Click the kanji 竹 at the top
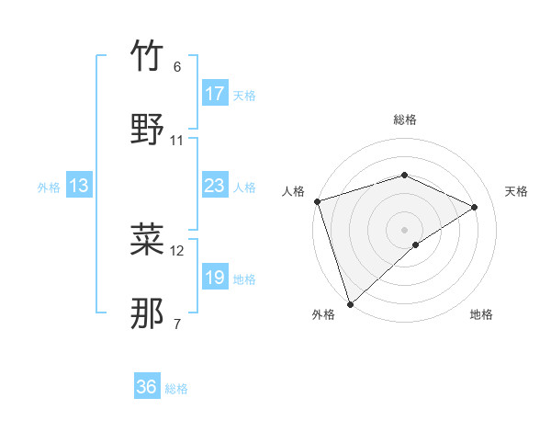coord(147,57)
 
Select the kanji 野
coord(147,130)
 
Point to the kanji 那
coord(147,313)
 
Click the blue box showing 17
coord(215,94)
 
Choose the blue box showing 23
coord(215,186)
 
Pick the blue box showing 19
coord(215,278)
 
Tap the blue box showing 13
coord(79,187)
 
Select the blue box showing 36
coord(147,387)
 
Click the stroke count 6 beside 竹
coord(177,67)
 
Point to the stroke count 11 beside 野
coord(177,141)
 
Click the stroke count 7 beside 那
coord(177,324)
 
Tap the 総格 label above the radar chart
coord(405,119)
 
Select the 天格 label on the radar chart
coord(517,191)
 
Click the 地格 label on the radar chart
coord(481,314)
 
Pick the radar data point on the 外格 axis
coord(349,303)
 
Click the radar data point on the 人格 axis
coord(317,201)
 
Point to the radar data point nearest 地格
coord(416,244)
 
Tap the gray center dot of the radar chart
coord(404,229)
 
